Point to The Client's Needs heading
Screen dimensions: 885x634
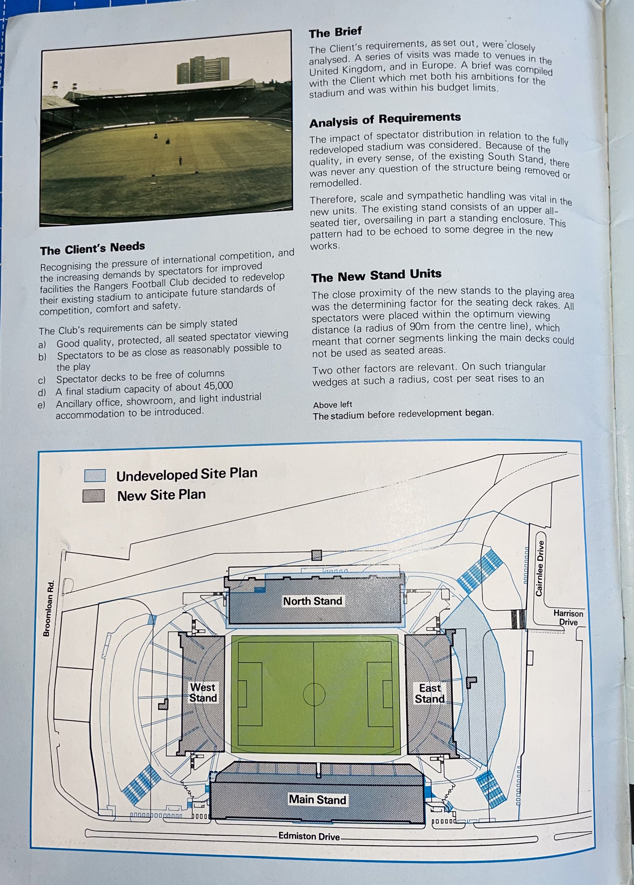tap(93, 248)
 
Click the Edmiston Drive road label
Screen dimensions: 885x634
tap(309, 836)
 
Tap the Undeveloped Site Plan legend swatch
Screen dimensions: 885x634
tap(95, 475)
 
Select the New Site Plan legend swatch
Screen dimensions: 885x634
tap(94, 496)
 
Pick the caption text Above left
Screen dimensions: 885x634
tap(332, 405)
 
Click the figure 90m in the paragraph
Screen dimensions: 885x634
tap(422, 326)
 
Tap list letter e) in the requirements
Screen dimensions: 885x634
tap(41, 405)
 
